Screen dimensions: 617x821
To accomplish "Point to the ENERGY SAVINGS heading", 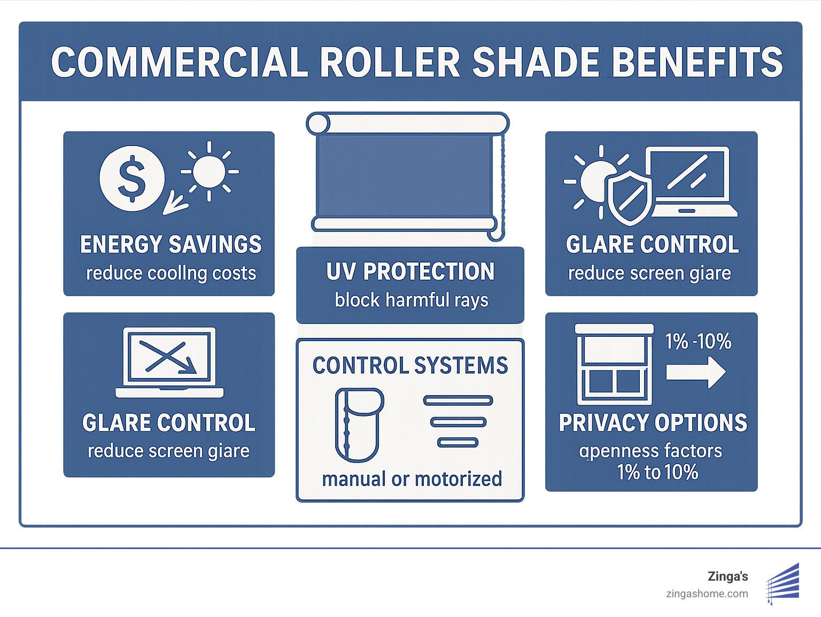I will (171, 244).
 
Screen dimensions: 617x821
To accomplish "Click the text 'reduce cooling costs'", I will (171, 273).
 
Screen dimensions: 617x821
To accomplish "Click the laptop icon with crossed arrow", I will (169, 363).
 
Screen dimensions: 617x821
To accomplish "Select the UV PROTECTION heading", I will (410, 272).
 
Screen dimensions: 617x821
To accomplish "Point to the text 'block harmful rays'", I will (411, 300).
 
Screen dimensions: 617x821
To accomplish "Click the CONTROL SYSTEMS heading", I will (410, 366).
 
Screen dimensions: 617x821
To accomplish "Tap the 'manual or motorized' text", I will (412, 479).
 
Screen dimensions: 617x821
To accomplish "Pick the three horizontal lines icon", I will (458, 421).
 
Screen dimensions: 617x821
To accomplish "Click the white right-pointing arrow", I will (695, 372).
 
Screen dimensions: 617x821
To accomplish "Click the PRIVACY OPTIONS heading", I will (653, 423).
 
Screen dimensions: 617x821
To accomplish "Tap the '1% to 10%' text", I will (657, 473).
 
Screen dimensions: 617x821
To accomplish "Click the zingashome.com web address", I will (707, 593).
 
